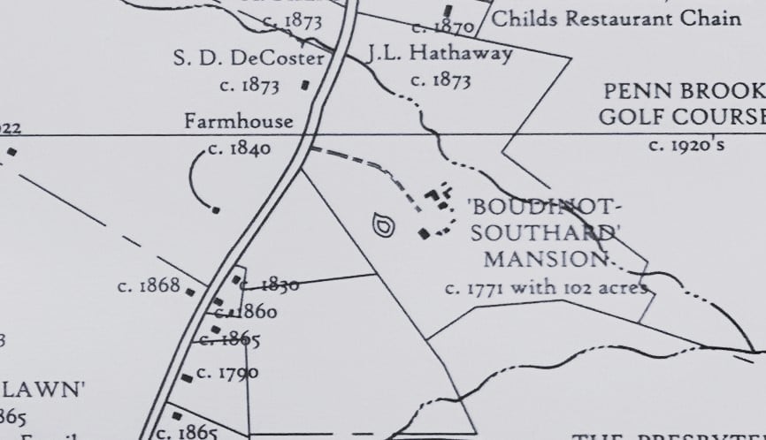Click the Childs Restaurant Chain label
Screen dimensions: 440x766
616,19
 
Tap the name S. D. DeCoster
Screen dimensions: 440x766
249,59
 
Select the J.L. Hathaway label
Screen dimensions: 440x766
441,54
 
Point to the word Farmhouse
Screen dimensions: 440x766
238,121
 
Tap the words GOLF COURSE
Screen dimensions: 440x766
682,117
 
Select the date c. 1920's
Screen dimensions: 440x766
686,144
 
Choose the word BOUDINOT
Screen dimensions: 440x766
543,208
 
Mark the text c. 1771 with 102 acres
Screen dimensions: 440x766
546,287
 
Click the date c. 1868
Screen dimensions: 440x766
149,286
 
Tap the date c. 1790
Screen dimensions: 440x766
227,372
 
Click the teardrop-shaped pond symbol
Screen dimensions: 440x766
384,225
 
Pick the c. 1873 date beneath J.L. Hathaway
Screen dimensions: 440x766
440,80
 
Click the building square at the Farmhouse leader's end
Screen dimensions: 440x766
216,209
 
